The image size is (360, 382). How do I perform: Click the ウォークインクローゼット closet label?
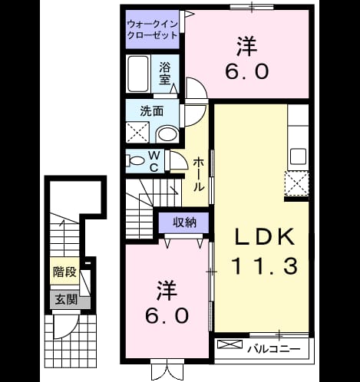(x=153, y=30)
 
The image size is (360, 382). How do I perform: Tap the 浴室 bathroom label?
(x=165, y=74)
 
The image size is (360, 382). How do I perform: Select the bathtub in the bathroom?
(x=138, y=74)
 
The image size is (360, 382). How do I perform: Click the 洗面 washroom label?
(x=151, y=111)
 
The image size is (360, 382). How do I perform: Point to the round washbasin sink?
(x=167, y=134)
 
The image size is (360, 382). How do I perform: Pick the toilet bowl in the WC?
(x=136, y=161)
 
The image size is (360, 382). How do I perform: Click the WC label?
(x=154, y=161)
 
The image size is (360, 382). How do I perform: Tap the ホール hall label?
(x=199, y=174)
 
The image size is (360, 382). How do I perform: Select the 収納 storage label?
(x=184, y=222)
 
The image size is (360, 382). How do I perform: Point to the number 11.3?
(x=265, y=266)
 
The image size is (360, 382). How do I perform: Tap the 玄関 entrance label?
(x=66, y=299)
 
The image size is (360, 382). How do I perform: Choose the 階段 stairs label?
(x=64, y=272)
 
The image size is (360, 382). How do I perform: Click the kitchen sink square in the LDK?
(x=298, y=156)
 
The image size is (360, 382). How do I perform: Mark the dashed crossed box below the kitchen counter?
(x=296, y=183)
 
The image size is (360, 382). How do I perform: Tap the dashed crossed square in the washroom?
(x=137, y=133)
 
